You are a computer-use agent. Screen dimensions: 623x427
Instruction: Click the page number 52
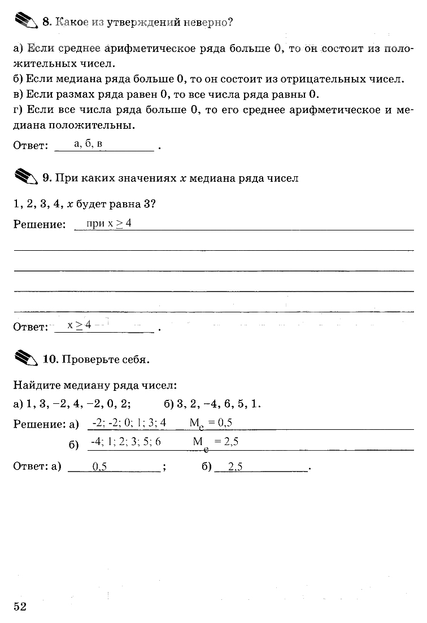click(20, 606)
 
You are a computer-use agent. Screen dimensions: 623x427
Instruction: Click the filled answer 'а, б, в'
click(88, 144)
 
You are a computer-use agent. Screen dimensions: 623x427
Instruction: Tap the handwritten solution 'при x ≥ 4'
click(109, 224)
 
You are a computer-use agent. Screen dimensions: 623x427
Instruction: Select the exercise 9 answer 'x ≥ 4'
click(79, 325)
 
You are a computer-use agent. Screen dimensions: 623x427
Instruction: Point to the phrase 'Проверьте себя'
click(104, 359)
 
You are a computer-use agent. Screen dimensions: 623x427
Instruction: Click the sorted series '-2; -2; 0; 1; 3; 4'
click(129, 422)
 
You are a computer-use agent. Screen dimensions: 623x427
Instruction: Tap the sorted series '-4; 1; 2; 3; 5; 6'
click(125, 442)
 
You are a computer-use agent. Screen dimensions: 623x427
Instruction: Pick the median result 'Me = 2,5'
click(215, 443)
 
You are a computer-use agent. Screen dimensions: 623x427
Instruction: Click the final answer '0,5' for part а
click(99, 467)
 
